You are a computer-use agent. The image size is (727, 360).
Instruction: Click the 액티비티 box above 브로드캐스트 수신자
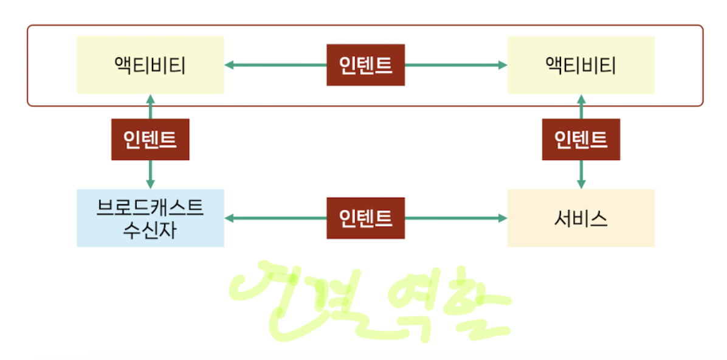point(150,64)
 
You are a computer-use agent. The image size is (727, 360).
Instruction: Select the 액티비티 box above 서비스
point(581,64)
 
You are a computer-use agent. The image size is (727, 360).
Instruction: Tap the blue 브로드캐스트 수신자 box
point(150,218)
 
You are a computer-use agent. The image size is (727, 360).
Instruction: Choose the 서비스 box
point(581,218)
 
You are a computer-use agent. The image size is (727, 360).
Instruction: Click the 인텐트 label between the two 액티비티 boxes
point(365,64)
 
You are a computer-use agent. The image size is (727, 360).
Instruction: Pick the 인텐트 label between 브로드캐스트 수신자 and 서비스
point(365,218)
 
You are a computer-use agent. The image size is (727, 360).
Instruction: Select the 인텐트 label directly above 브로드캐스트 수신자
point(150,139)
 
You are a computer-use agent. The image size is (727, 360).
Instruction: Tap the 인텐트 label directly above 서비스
point(581,139)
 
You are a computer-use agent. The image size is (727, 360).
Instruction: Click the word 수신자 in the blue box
point(150,230)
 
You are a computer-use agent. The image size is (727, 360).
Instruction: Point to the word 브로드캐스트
point(150,207)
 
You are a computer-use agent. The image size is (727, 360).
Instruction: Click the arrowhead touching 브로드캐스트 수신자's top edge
point(150,183)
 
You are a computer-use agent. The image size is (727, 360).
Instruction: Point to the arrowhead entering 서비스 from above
point(581,183)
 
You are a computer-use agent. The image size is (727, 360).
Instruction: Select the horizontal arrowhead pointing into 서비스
point(501,218)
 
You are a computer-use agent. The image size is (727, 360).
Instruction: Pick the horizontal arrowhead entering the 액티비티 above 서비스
point(501,64)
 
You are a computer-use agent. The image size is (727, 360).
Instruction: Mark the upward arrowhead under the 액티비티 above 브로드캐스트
point(150,99)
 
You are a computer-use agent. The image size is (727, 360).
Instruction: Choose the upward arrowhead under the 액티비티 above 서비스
point(581,99)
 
